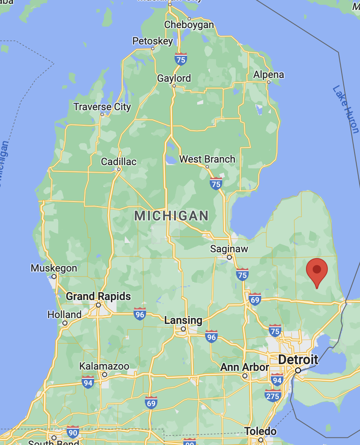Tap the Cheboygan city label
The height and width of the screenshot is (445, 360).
(189, 25)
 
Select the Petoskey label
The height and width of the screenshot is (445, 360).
(152, 41)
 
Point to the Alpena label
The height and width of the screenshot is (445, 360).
(269, 75)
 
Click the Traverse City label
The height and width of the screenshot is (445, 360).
(102, 107)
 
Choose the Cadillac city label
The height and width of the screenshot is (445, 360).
(118, 162)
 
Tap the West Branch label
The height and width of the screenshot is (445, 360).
(207, 159)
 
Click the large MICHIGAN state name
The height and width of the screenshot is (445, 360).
(171, 216)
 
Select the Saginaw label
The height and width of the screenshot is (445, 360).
(229, 249)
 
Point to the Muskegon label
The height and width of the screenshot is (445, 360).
(54, 268)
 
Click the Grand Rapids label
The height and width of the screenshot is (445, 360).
(98, 297)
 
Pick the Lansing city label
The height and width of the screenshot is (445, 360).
(183, 321)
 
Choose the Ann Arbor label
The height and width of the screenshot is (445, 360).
(244, 367)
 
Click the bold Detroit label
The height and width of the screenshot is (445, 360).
(298, 360)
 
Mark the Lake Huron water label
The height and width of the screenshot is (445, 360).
(346, 109)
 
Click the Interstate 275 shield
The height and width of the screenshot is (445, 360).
(273, 395)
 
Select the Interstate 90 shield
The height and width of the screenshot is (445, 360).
(73, 432)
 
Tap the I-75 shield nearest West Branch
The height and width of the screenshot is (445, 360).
(216, 183)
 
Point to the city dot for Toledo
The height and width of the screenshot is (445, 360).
(260, 440)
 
